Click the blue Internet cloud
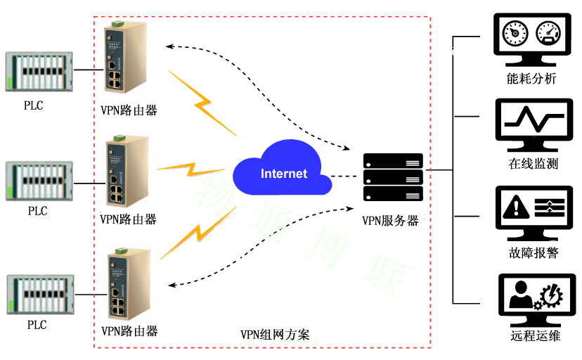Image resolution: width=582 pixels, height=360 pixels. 283,172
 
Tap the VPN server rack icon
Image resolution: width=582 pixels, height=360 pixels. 393,176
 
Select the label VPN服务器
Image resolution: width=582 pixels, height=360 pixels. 390,220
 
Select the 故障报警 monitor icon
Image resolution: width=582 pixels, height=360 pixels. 533,210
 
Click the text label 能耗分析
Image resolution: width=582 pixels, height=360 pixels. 531,78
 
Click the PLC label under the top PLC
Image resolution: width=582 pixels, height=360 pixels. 34,105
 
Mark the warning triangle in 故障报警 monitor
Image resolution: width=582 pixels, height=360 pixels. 517,206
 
